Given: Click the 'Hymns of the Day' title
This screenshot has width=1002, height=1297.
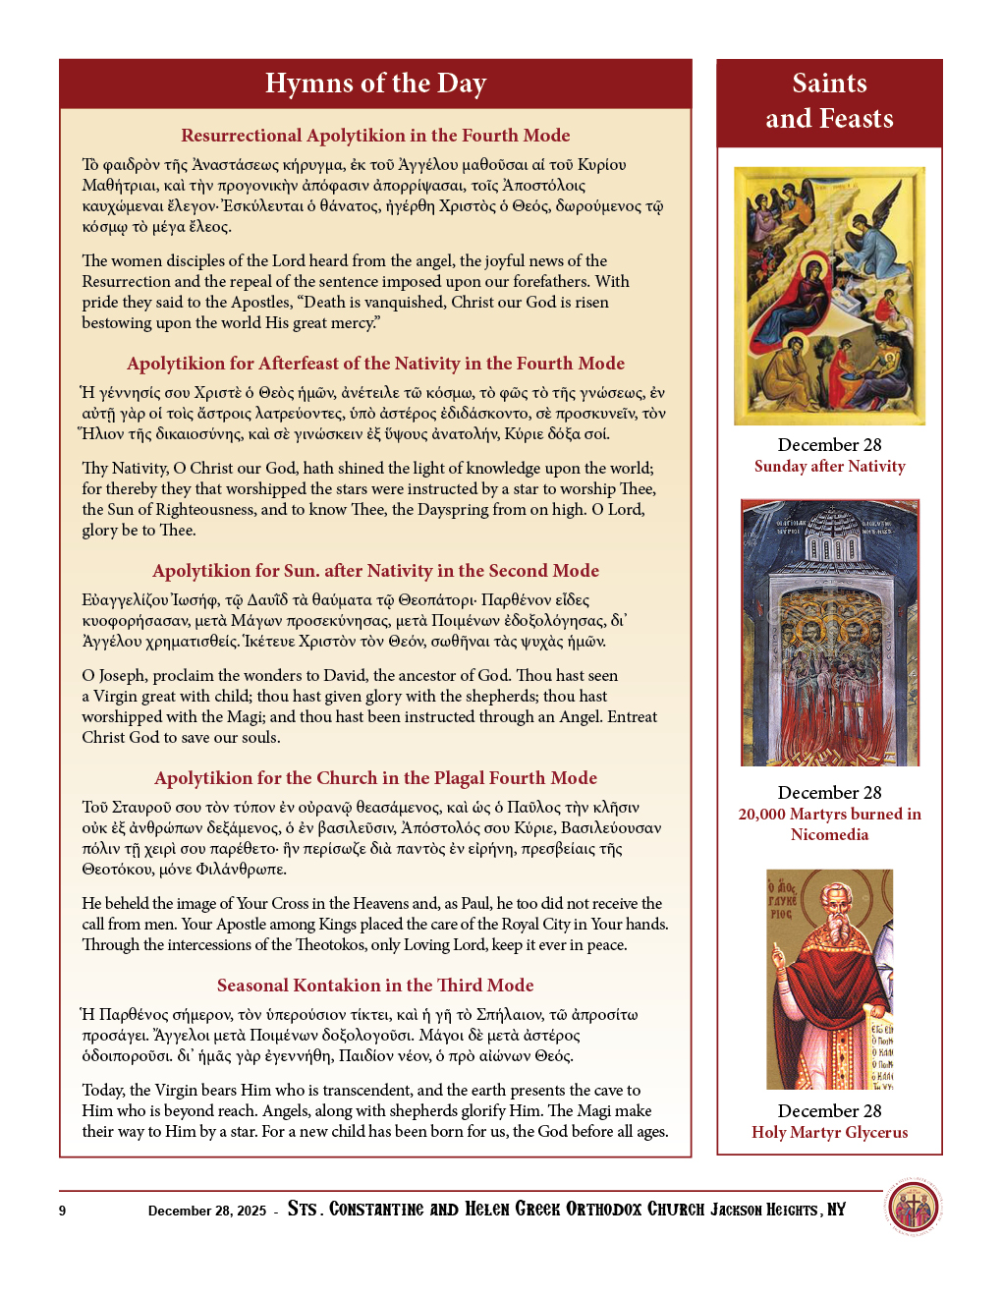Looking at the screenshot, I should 375,84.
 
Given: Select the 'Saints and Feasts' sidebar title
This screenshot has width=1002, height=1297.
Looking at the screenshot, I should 829,101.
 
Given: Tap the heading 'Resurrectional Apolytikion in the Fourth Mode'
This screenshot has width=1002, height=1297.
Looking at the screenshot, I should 375,136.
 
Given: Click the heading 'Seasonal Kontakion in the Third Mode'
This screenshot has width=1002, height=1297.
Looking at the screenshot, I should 375,986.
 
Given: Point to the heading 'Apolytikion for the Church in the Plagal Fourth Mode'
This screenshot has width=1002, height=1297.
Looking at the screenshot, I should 375,778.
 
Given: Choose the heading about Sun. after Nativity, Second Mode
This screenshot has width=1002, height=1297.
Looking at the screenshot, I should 375,571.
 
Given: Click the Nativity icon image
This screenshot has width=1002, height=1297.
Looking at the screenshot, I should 829,296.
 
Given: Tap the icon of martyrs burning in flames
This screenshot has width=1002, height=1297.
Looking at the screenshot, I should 829,633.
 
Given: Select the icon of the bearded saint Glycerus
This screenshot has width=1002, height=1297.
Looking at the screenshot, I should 829,979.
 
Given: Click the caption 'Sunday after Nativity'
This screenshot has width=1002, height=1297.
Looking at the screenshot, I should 829,467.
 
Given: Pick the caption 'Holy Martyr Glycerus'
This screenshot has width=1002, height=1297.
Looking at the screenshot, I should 829,1132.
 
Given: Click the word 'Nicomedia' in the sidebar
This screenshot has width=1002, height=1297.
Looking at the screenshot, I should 829,835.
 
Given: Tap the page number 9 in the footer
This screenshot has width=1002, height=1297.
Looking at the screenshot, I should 63,1211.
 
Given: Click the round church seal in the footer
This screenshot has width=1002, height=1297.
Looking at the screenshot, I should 913,1208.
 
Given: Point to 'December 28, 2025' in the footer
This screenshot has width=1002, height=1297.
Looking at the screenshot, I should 207,1211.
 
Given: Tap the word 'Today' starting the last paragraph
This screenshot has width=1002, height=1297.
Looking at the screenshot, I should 102,1091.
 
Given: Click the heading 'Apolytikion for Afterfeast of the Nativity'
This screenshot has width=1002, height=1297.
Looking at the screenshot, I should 375,364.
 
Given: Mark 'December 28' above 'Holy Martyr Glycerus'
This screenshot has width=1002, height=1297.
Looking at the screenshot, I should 829,1111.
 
